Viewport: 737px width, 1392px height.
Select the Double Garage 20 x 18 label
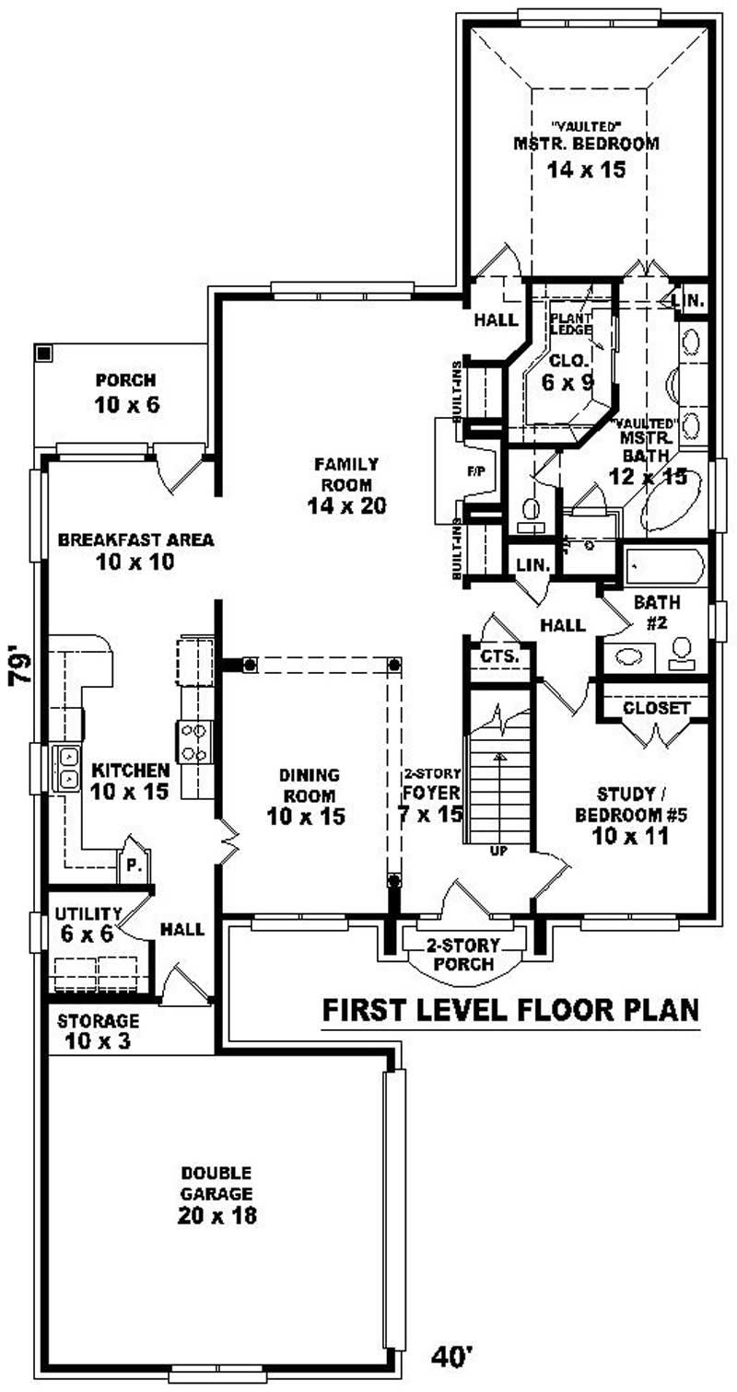click(217, 1194)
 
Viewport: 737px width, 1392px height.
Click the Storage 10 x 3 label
click(98, 1031)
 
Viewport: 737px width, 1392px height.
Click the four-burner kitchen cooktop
click(195, 741)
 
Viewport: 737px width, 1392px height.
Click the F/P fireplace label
click(476, 472)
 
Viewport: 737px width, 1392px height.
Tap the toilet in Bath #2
click(683, 651)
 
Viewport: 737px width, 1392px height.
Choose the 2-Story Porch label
click(462, 955)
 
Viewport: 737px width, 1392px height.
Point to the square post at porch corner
click(42, 353)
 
